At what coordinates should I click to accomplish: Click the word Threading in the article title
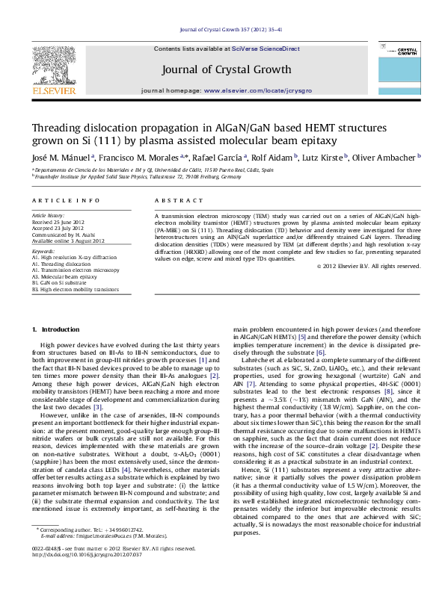click(58, 128)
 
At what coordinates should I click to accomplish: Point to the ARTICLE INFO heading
click(57, 201)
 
